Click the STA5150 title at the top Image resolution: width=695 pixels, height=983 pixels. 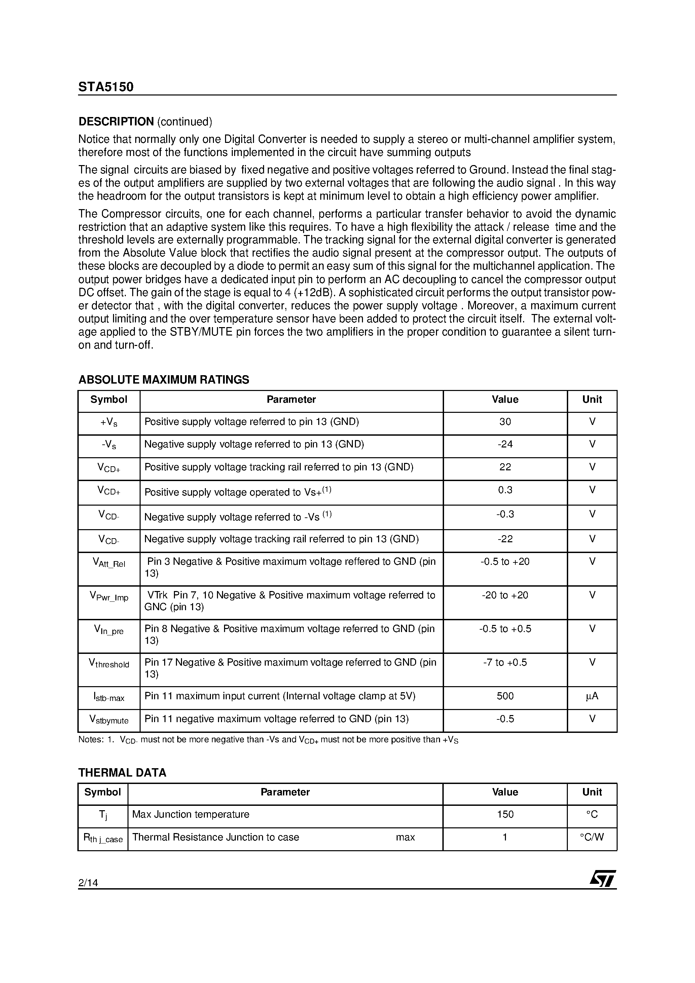click(x=106, y=87)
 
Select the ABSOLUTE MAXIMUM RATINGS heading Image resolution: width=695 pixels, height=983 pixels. click(x=164, y=380)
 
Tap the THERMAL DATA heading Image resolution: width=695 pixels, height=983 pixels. click(x=122, y=773)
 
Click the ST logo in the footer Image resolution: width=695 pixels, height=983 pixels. click(x=602, y=879)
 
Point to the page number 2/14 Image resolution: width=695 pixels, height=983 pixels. click(x=88, y=883)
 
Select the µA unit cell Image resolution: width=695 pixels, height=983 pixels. click(x=592, y=696)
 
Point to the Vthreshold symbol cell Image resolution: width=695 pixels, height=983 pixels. click(x=109, y=664)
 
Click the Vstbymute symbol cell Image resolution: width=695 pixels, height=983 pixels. click(x=109, y=719)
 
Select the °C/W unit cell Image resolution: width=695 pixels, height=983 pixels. click(x=592, y=837)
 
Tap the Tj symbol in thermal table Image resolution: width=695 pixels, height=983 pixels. click(x=103, y=815)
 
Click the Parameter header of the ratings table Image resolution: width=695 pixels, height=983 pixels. click(x=291, y=399)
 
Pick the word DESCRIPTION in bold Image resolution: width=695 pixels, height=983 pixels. click(x=116, y=122)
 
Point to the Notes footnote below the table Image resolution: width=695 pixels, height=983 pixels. click(x=268, y=740)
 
